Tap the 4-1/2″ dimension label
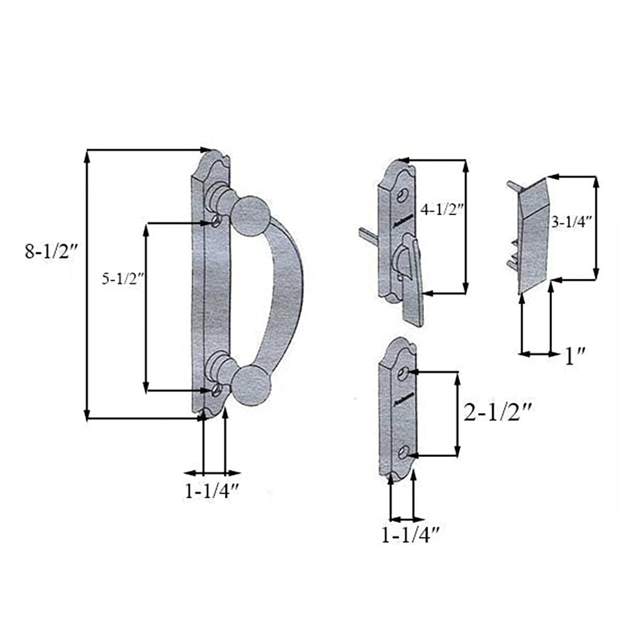442,210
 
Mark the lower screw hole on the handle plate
216,390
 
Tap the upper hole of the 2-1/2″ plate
404,373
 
